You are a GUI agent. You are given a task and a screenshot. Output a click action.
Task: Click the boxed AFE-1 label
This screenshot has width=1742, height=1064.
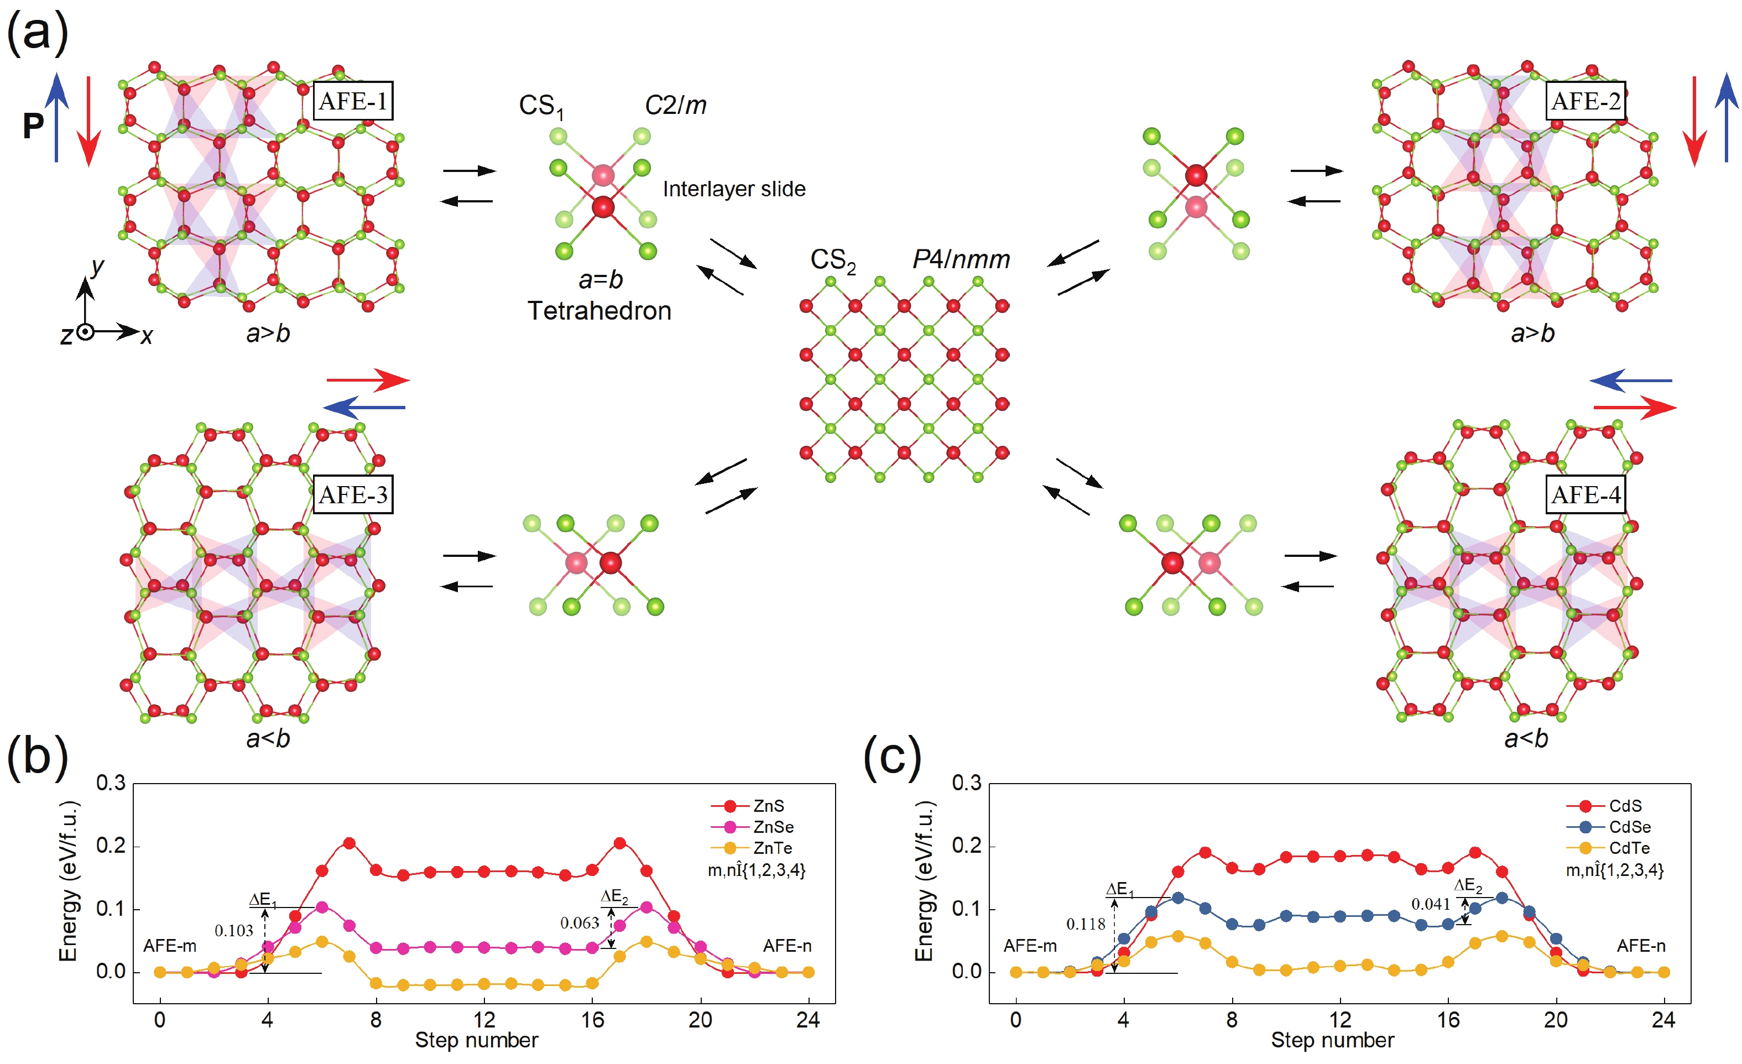click(352, 101)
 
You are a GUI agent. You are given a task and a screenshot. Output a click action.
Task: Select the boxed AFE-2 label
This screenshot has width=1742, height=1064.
click(1585, 101)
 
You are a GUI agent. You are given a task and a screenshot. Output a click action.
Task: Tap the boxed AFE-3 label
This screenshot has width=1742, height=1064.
click(352, 494)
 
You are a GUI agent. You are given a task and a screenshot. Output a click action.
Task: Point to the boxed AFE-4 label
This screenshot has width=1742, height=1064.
click(1585, 494)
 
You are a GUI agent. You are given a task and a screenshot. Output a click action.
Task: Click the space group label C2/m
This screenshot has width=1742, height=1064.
click(675, 105)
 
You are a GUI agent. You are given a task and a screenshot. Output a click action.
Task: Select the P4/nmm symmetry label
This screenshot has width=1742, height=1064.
click(961, 259)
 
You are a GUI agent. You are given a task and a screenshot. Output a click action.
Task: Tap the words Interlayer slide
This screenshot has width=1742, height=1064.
click(734, 189)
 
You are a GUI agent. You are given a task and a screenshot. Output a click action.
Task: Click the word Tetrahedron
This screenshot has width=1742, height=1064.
click(599, 311)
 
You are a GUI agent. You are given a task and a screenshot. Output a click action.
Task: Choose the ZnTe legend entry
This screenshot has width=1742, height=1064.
click(771, 848)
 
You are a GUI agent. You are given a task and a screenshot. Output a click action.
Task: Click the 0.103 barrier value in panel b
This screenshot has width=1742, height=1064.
click(233, 930)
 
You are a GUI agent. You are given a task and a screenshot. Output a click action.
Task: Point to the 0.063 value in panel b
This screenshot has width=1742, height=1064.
click(579, 922)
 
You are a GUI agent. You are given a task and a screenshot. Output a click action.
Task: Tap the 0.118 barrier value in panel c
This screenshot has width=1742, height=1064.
click(1085, 924)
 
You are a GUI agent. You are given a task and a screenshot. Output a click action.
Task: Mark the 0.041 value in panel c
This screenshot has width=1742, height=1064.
click(1430, 904)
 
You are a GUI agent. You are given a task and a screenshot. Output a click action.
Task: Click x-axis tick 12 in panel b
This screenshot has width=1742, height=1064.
click(483, 1019)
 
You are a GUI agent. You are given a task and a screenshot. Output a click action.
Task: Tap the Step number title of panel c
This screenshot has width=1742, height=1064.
click(1332, 1041)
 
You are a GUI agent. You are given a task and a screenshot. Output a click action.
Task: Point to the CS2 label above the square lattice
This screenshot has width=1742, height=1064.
click(832, 260)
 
